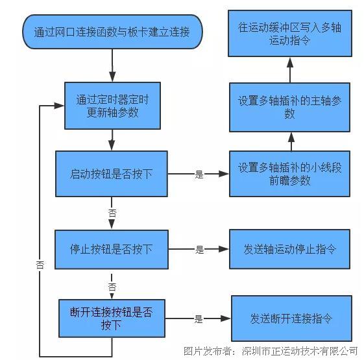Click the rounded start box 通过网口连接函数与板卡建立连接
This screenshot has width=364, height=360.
[112, 31]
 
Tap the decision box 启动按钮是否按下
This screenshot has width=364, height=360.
[112, 174]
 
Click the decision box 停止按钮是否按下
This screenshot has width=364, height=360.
[112, 249]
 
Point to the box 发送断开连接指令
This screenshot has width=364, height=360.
[291, 318]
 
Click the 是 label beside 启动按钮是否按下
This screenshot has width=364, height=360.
[199, 174]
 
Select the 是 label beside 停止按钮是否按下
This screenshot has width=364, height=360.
[199, 249]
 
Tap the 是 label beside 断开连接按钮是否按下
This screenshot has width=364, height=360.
[199, 318]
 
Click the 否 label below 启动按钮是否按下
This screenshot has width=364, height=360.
[112, 213]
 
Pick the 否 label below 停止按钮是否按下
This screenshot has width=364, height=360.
[112, 286]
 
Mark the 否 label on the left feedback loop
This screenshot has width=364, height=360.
[40, 264]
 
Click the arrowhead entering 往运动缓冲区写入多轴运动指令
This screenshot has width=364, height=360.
[290, 62]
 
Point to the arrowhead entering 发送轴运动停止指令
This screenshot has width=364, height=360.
[224, 249]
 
